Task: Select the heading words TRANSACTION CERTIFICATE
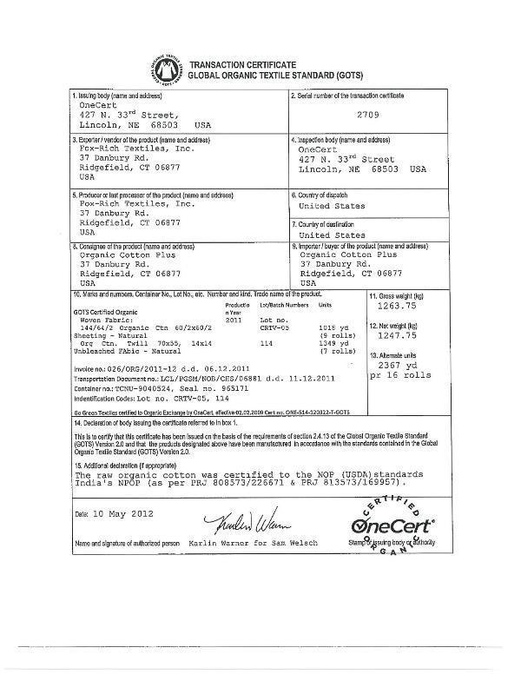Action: point(243,65)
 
